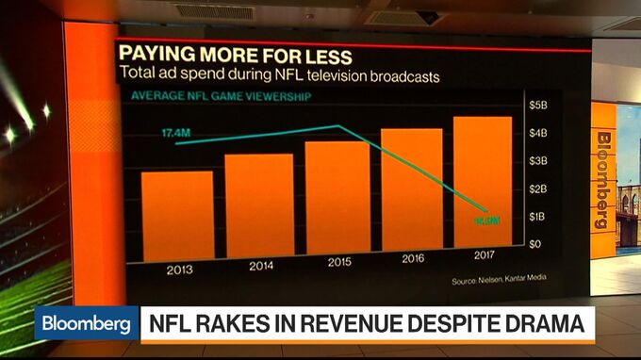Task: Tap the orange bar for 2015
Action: click(x=337, y=196)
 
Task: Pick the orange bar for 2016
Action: click(x=411, y=189)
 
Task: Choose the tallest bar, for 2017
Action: click(x=482, y=182)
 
